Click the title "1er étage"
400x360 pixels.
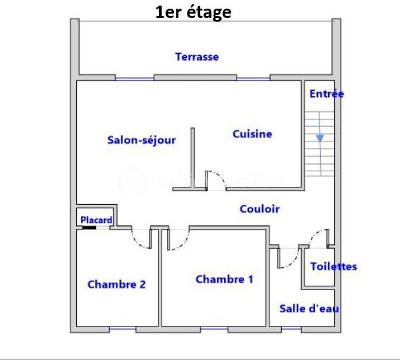coord(193,12)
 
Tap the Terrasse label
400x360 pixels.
coord(197,56)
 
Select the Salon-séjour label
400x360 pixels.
coord(142,140)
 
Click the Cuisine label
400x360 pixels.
coord(252,134)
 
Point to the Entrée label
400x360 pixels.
coord(326,94)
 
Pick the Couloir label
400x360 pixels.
coord(259,209)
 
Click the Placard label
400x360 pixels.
coord(97,220)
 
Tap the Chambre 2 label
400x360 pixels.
coord(116,285)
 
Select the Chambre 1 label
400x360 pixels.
coord(225,279)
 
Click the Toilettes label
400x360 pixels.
coord(334,267)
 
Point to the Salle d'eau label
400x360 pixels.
coord(310,309)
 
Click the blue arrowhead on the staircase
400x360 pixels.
coord(320,138)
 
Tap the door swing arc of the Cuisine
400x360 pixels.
coord(219,176)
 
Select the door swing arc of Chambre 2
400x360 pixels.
coord(137,241)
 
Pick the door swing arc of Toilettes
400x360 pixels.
coord(315,234)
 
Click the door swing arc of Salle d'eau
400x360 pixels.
coord(293,262)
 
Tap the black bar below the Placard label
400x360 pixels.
coord(89,228)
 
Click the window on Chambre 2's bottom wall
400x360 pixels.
coord(123,328)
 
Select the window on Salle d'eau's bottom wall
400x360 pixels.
coord(291,328)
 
